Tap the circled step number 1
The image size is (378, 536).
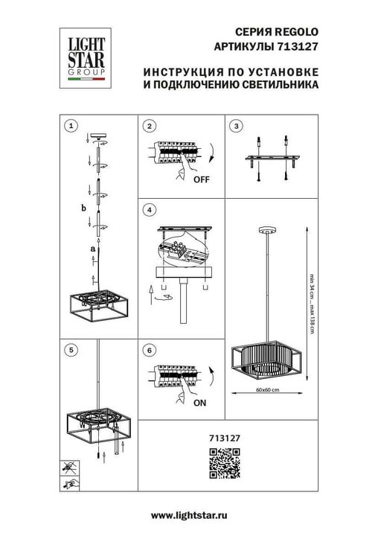[x=71, y=126]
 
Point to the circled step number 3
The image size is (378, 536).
[x=237, y=126]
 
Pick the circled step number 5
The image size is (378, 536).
[x=71, y=348]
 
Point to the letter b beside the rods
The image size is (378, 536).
[x=84, y=208]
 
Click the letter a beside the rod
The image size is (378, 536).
[x=92, y=247]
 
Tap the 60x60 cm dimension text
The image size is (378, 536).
[x=266, y=390]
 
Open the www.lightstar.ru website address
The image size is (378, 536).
[x=188, y=515]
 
